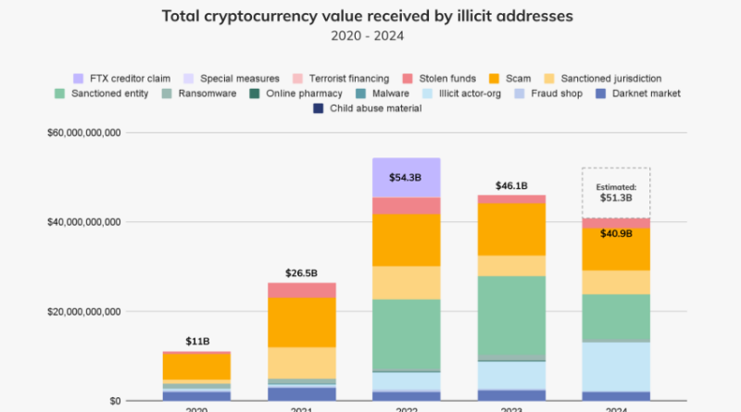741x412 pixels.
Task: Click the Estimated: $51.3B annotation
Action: click(616, 193)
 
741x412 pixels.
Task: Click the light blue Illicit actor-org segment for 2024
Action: click(615, 367)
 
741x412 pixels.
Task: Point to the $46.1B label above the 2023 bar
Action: click(511, 186)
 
